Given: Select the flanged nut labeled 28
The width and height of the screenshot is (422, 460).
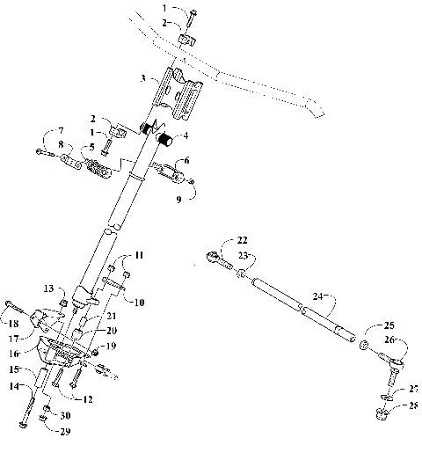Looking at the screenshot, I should [x=383, y=415].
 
